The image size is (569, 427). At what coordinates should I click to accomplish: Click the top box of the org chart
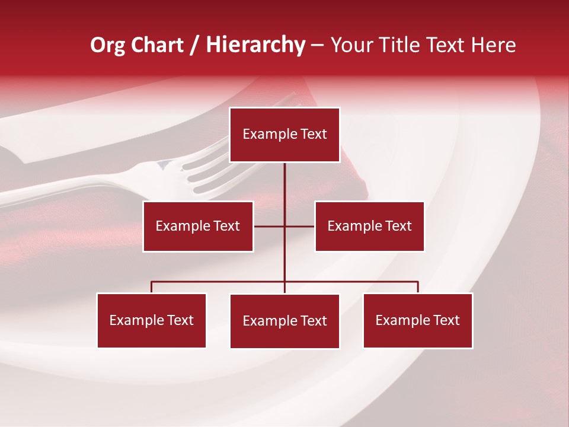click(284, 135)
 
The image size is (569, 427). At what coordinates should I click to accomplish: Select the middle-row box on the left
click(198, 226)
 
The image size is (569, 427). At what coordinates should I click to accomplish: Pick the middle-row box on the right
click(369, 226)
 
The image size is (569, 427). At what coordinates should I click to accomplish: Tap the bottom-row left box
click(151, 320)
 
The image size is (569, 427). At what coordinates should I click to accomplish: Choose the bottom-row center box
click(284, 321)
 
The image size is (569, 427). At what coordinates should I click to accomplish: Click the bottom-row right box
click(417, 320)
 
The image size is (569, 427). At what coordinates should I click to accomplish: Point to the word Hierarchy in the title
click(255, 45)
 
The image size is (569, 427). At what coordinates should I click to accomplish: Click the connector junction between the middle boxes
click(284, 226)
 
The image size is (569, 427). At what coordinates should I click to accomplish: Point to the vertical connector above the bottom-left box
click(151, 287)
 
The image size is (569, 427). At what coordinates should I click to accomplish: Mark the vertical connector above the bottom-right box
click(417, 287)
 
